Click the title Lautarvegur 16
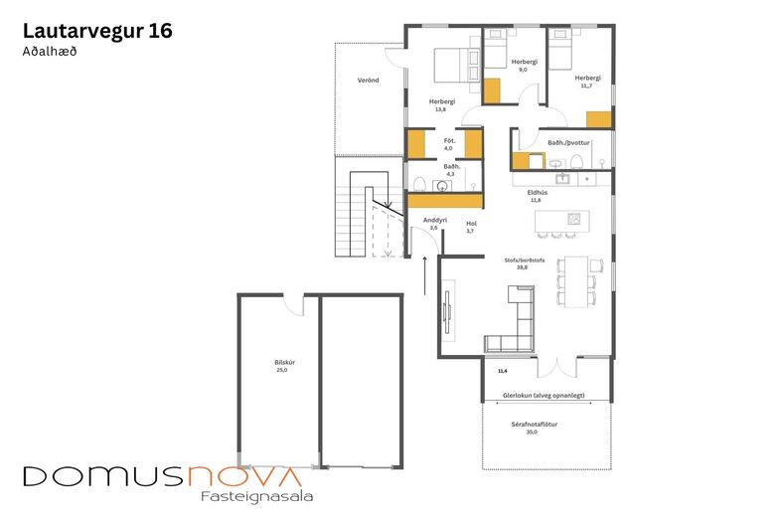(x=97, y=31)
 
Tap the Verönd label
(x=368, y=80)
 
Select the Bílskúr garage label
(x=282, y=363)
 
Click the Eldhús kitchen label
(x=538, y=193)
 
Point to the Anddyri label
(x=435, y=221)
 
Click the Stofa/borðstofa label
(x=525, y=260)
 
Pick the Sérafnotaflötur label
(x=534, y=425)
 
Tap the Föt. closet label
(x=449, y=141)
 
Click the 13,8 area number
(x=440, y=109)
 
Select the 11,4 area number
(x=503, y=371)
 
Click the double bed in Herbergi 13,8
(x=457, y=65)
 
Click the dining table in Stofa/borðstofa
(x=575, y=281)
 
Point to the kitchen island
(x=561, y=221)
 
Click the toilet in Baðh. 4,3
(x=419, y=184)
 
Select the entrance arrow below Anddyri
(x=425, y=275)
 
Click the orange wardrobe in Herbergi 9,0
(x=492, y=91)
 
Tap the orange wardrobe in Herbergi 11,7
(x=599, y=119)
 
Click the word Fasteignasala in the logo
(x=257, y=496)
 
